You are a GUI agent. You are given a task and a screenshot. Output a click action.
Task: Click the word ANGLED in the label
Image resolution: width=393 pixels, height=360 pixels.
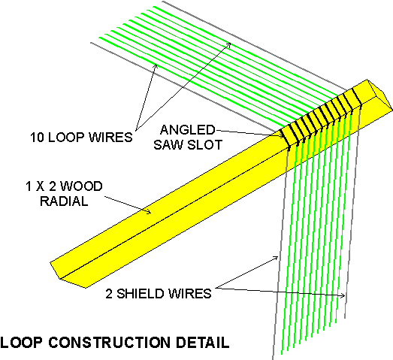pyautogui.click(x=187, y=129)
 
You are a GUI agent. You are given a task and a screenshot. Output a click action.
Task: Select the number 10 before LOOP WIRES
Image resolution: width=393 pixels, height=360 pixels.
pyautogui.click(x=38, y=137)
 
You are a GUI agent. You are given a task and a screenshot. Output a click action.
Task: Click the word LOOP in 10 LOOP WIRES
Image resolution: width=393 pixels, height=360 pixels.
pyautogui.click(x=66, y=137)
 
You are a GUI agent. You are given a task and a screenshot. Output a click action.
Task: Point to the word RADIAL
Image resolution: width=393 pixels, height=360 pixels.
pyautogui.click(x=64, y=201)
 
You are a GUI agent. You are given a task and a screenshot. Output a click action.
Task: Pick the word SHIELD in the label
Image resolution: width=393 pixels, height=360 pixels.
pyautogui.click(x=141, y=294)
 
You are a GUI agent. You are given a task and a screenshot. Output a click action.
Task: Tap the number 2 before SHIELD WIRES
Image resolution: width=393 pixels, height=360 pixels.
pyautogui.click(x=109, y=294)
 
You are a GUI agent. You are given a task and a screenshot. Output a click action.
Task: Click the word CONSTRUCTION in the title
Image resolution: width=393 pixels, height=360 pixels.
pyautogui.click(x=109, y=342)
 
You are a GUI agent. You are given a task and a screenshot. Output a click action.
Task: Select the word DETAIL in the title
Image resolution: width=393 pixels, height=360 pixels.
pyautogui.click(x=202, y=342)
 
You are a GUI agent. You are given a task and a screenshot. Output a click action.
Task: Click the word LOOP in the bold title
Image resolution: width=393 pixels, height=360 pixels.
pyautogui.click(x=21, y=342)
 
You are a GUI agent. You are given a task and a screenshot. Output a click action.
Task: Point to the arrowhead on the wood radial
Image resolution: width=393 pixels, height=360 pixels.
pyautogui.click(x=149, y=212)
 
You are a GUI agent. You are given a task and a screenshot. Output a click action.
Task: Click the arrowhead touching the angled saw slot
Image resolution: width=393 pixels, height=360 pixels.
pyautogui.click(x=283, y=135)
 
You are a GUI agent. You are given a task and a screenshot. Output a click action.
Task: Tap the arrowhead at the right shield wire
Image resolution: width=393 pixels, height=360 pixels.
pyautogui.click(x=343, y=296)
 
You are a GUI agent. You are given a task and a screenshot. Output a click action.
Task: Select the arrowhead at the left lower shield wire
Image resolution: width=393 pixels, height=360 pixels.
pyautogui.click(x=276, y=258)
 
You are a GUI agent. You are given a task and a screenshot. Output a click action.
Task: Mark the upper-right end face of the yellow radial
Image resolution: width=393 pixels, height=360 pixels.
pyautogui.click(x=379, y=95)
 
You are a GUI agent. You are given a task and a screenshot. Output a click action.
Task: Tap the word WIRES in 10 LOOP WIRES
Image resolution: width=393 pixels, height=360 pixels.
pyautogui.click(x=110, y=137)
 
